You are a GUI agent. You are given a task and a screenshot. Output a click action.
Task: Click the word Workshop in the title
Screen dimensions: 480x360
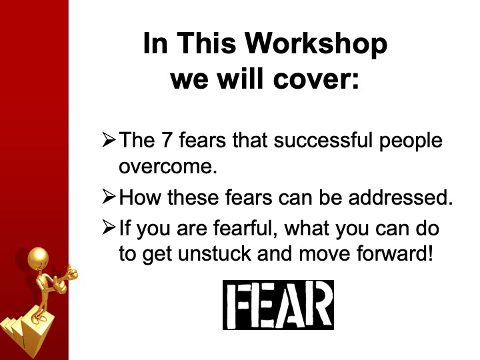coord(316,43)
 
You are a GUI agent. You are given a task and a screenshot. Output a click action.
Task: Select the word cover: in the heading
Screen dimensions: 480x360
coord(316,79)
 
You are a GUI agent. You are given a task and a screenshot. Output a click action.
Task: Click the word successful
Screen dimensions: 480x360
coord(323,140)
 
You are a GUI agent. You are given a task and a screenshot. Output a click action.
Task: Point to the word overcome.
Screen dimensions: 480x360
coord(168,167)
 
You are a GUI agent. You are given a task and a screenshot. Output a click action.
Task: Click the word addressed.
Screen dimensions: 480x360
coord(401,197)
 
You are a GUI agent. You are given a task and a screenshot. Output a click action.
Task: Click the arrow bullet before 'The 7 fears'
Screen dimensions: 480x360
coord(109,139)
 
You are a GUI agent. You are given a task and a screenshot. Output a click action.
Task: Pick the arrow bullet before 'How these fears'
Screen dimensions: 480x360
coord(109,197)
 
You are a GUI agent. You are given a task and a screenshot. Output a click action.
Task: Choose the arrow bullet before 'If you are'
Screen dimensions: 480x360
coord(109,227)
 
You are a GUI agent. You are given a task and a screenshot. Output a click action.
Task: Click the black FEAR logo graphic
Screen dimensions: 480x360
coord(278,305)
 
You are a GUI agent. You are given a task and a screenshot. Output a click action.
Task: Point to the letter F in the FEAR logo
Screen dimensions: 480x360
coord(237,305)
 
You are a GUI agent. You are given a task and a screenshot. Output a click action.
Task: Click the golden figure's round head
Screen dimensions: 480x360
coord(38,258)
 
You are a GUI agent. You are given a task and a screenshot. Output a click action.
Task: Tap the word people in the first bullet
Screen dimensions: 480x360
coord(411,141)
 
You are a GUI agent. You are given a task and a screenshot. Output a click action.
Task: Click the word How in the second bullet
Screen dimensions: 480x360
coord(139,197)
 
